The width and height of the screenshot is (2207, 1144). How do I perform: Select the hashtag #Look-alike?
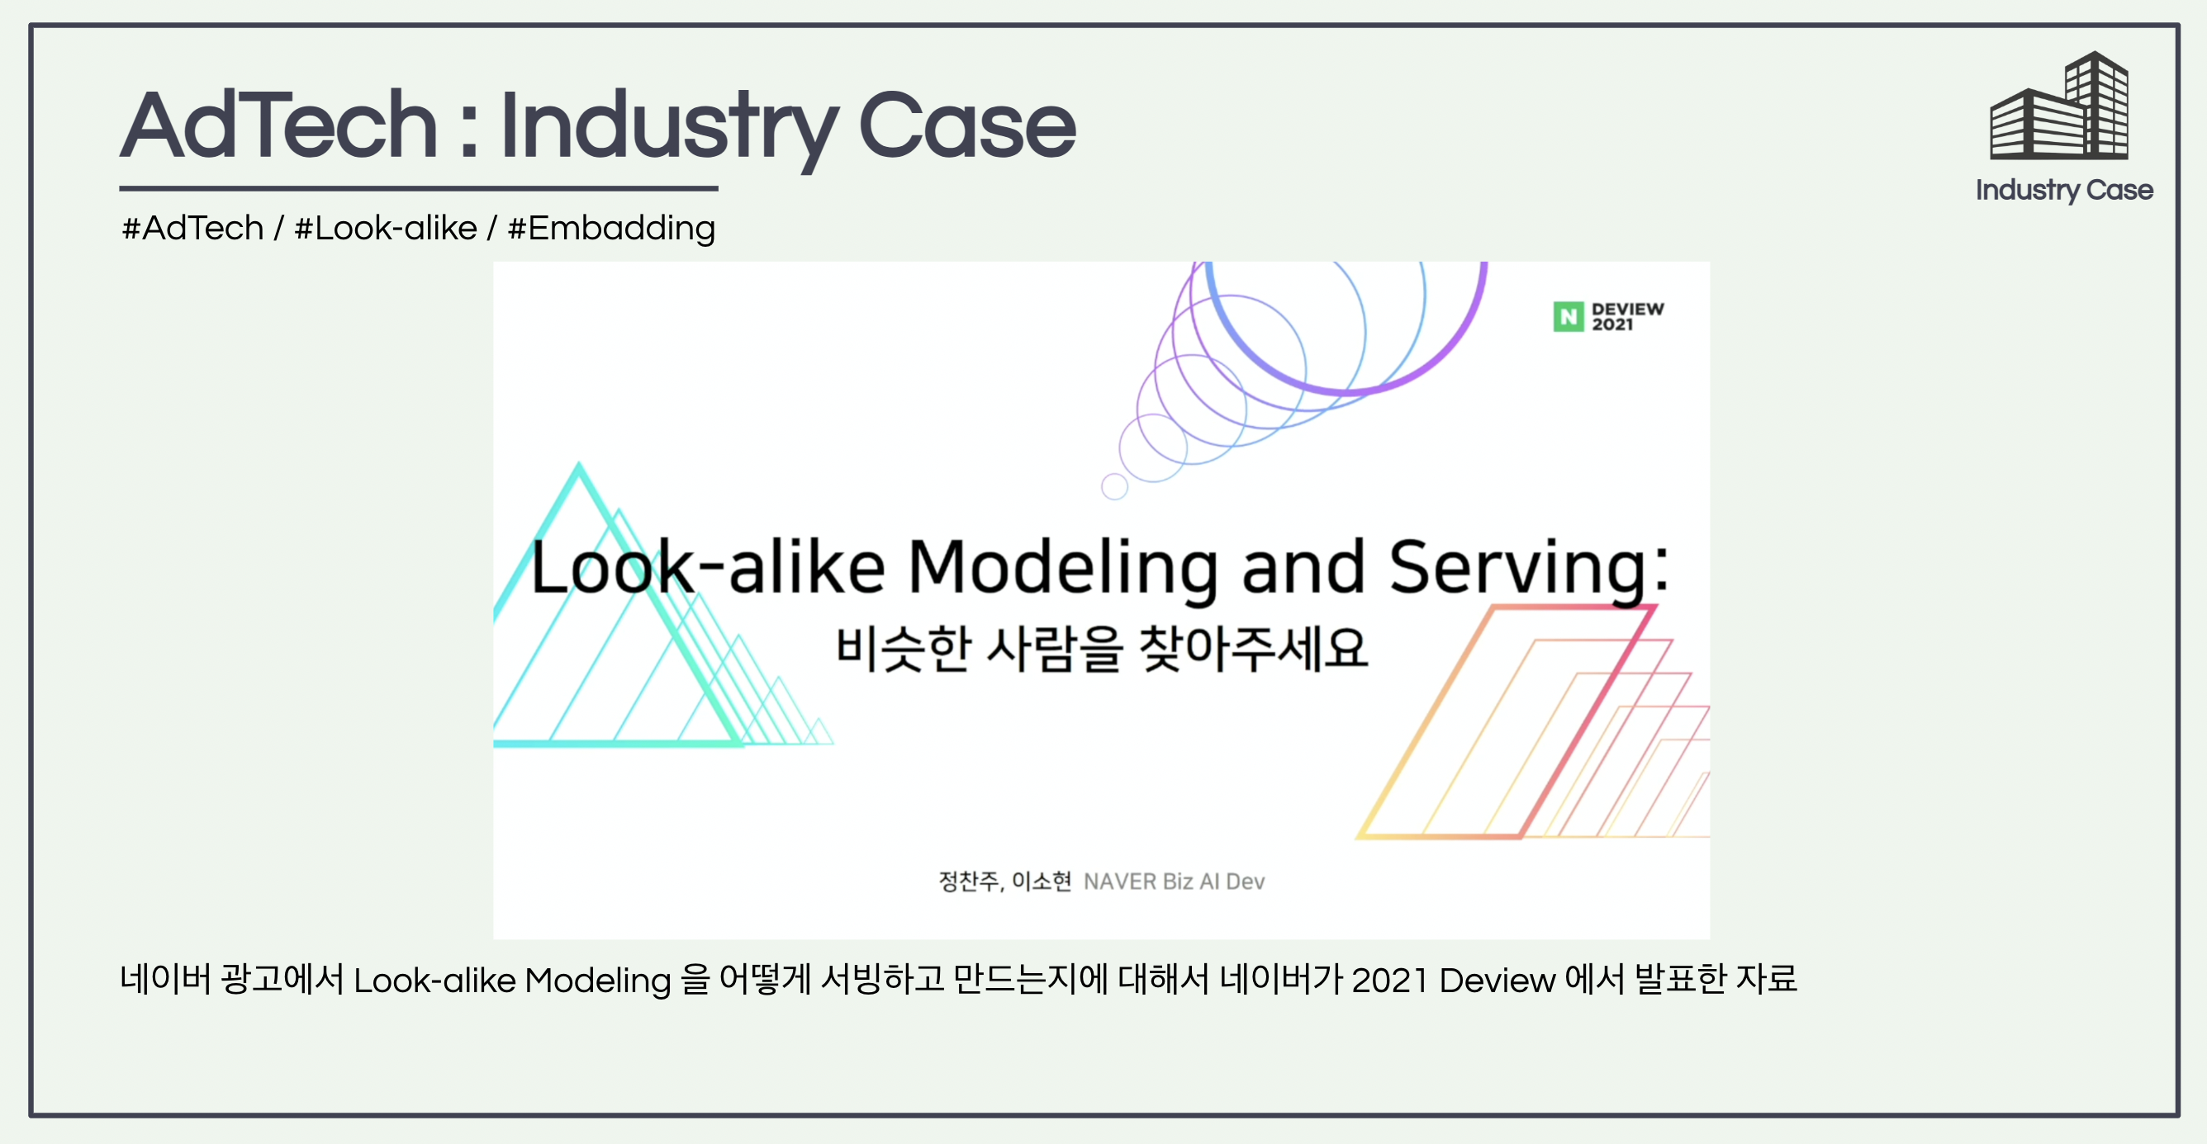point(386,228)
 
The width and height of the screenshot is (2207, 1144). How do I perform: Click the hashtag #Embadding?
point(611,229)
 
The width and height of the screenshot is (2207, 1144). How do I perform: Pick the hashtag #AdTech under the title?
point(192,228)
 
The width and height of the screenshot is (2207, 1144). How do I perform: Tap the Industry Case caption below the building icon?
point(2064,190)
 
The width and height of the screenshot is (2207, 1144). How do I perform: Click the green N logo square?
point(1569,317)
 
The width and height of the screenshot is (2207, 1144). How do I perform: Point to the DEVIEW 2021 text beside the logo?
point(1628,316)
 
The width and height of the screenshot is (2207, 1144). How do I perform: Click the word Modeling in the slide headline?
point(1062,569)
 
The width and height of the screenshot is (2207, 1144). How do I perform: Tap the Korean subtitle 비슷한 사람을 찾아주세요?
point(1101,648)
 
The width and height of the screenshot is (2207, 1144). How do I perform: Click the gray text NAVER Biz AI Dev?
point(1174,882)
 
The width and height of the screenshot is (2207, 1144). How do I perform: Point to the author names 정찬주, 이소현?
point(1005,882)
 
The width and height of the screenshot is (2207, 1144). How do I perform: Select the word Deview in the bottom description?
point(1497,981)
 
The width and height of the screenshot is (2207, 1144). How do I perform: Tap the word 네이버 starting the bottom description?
point(164,980)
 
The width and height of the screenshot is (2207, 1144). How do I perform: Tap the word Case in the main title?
point(966,126)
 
